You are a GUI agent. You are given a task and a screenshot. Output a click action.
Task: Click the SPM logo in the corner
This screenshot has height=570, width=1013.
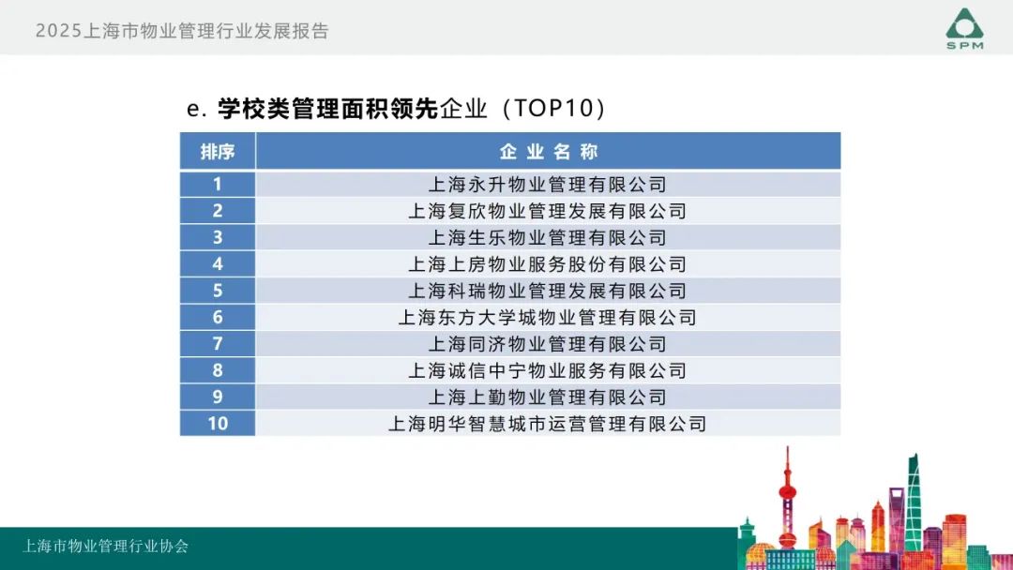pyautogui.click(x=964, y=28)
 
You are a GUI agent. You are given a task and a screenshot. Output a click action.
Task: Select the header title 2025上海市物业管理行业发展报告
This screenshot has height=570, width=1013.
pyautogui.click(x=182, y=31)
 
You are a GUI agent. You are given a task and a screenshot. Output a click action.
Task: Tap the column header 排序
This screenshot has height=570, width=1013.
pyautogui.click(x=217, y=152)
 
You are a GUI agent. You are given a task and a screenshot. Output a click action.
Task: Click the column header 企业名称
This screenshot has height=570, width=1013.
pyautogui.click(x=548, y=152)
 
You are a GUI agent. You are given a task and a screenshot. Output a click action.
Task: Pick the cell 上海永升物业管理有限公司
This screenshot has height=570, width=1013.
pyautogui.click(x=547, y=185)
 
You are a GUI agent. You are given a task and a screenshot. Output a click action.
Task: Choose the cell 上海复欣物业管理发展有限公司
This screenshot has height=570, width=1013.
pyautogui.click(x=547, y=211)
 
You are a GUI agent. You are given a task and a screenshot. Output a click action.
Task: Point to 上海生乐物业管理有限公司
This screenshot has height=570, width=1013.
pyautogui.click(x=547, y=237)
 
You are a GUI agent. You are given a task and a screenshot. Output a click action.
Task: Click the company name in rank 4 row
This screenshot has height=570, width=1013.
pyautogui.click(x=547, y=264)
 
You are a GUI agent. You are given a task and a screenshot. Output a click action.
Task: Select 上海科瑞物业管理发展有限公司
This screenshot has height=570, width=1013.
pyautogui.click(x=547, y=291)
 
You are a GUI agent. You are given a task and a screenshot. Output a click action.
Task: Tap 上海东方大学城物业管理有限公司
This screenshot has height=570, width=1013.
pyautogui.click(x=547, y=318)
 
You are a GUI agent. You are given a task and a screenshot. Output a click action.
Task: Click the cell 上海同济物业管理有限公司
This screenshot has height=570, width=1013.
pyautogui.click(x=547, y=344)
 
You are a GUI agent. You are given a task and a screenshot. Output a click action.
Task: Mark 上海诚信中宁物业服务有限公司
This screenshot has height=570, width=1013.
pyautogui.click(x=547, y=370)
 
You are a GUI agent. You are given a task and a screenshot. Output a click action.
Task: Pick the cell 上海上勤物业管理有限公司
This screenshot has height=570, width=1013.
pyautogui.click(x=547, y=397)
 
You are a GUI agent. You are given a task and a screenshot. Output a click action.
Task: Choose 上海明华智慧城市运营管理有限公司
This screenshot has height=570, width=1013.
pyautogui.click(x=547, y=424)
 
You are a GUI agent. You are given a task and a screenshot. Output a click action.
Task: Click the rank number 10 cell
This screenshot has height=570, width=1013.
pyautogui.click(x=218, y=424)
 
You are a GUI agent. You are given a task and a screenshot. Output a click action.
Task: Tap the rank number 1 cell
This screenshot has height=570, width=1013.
pyautogui.click(x=218, y=185)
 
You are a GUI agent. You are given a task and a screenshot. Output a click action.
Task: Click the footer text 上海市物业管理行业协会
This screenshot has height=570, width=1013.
pyautogui.click(x=105, y=547)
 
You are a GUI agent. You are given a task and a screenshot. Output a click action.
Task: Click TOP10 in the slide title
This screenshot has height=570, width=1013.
pyautogui.click(x=553, y=109)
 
